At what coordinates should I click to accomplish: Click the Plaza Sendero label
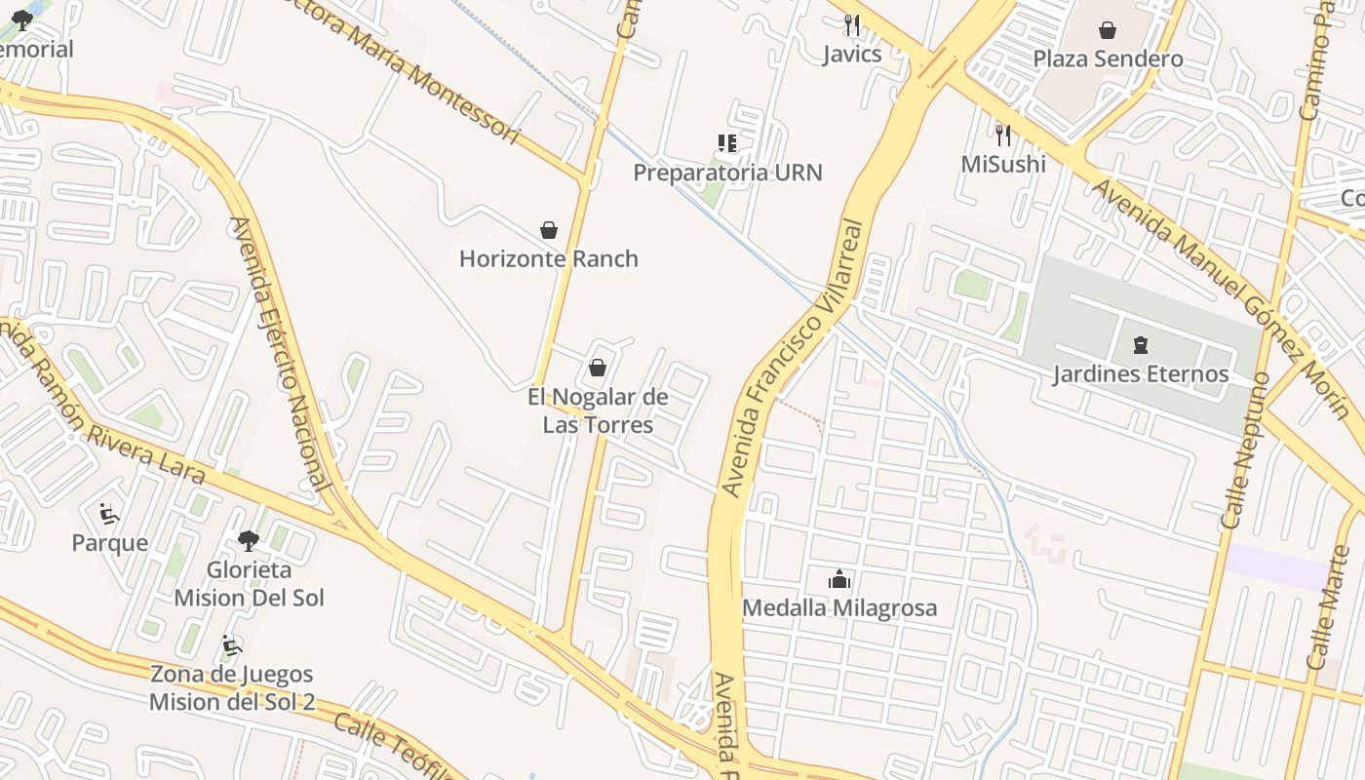1108,58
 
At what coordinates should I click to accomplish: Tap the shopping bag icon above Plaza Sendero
1108,30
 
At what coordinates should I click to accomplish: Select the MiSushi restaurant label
1003,164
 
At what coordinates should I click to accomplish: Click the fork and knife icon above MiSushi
1002,135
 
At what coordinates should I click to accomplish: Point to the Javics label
851,54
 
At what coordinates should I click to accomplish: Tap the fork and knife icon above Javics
852,25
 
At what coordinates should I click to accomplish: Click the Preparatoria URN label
727,173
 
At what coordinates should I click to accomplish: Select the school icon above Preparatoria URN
727,144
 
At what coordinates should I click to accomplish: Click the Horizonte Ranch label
549,258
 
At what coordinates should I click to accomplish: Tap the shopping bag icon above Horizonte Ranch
549,230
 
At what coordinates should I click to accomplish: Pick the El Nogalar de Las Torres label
598,410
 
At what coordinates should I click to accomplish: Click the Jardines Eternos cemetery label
1140,373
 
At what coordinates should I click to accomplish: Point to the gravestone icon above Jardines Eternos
1140,345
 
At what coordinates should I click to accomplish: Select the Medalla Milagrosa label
839,607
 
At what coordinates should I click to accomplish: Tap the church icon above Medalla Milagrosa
839,580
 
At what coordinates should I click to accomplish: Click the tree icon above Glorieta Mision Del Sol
249,540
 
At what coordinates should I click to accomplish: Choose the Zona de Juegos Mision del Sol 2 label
232,687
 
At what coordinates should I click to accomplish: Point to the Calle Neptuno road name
1245,450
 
